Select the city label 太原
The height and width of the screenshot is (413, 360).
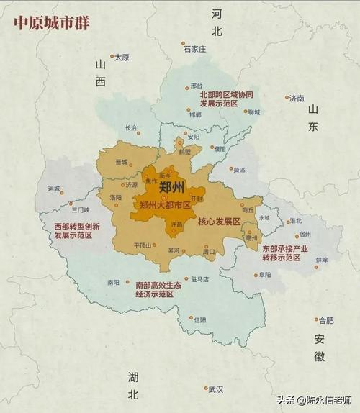pyautogui.click(x=122, y=57)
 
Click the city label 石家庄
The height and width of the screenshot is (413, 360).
pyautogui.click(x=194, y=50)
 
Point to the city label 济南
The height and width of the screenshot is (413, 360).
pyautogui.click(x=297, y=99)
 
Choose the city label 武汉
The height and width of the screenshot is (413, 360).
pyautogui.click(x=216, y=389)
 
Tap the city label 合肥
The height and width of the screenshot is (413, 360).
pyautogui.click(x=326, y=320)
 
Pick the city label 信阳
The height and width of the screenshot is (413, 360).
pyautogui.click(x=199, y=319)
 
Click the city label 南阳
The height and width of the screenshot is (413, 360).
pyautogui.click(x=113, y=283)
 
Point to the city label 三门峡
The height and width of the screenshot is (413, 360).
pyautogui.click(x=80, y=210)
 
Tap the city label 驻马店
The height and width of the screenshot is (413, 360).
pyautogui.click(x=200, y=279)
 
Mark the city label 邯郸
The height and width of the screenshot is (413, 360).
pyautogui.click(x=195, y=114)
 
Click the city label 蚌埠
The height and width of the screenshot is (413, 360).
pyautogui.click(x=322, y=260)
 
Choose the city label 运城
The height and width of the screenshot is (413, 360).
pyautogui.click(x=54, y=188)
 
